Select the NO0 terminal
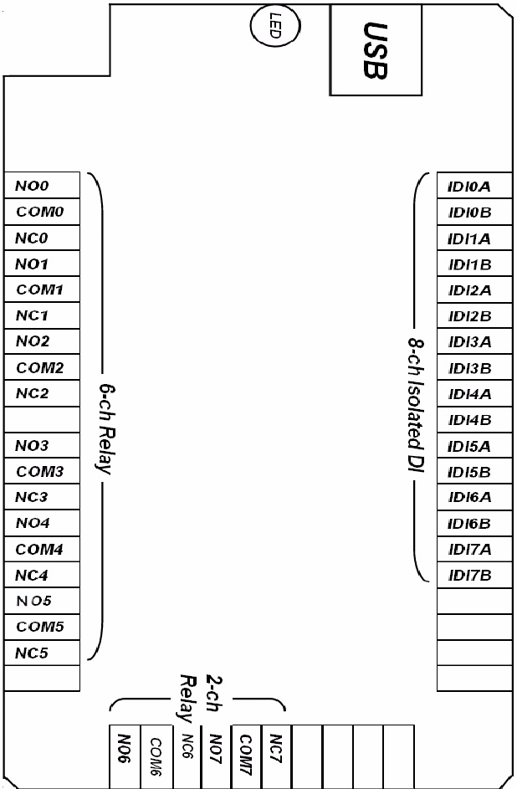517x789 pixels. (x=42, y=186)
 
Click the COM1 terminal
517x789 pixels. (x=42, y=289)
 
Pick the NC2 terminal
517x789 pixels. (x=42, y=393)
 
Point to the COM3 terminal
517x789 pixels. (x=42, y=471)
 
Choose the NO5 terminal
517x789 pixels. (x=42, y=601)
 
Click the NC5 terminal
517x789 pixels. (x=42, y=653)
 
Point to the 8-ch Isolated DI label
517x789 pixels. (x=413, y=418)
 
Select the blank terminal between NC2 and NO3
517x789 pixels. (x=42, y=419)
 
